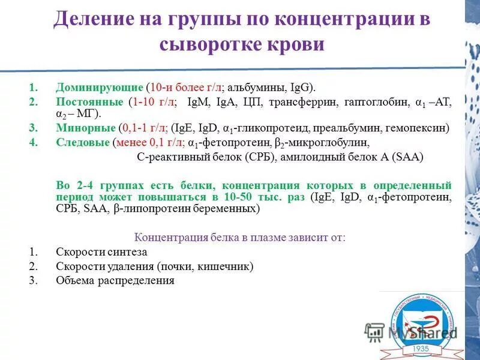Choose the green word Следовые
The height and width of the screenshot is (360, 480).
coord(83,143)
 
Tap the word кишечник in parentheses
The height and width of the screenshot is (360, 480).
coord(227,266)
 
